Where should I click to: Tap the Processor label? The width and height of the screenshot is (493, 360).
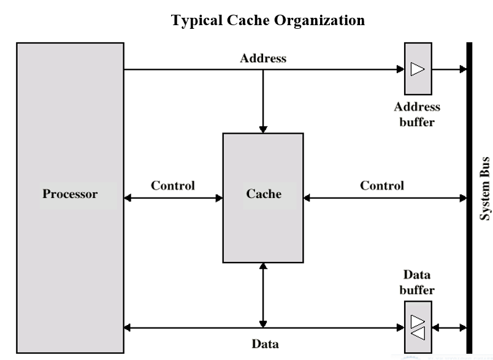tap(70, 194)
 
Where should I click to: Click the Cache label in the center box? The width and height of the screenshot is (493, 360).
tap(264, 194)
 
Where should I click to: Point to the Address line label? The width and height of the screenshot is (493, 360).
tap(263, 59)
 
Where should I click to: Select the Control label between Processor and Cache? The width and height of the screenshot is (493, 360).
tap(172, 185)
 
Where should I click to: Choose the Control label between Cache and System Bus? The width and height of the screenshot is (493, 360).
tap(381, 185)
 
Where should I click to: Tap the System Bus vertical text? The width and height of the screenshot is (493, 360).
tap(484, 188)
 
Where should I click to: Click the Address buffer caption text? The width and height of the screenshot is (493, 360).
tap(417, 114)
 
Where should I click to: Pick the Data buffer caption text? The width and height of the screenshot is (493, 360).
tap(417, 283)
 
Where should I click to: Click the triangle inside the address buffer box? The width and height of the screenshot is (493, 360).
tap(418, 69)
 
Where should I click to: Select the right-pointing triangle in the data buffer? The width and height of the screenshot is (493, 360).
tap(418, 321)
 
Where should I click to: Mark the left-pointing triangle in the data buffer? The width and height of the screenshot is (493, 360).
tap(418, 334)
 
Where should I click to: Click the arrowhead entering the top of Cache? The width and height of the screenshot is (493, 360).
tap(263, 129)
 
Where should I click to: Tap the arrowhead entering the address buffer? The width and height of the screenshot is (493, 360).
tap(400, 69)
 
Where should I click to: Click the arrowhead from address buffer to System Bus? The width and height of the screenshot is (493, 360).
tap(462, 69)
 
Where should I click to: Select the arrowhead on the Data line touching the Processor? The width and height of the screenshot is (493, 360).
tap(128, 327)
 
